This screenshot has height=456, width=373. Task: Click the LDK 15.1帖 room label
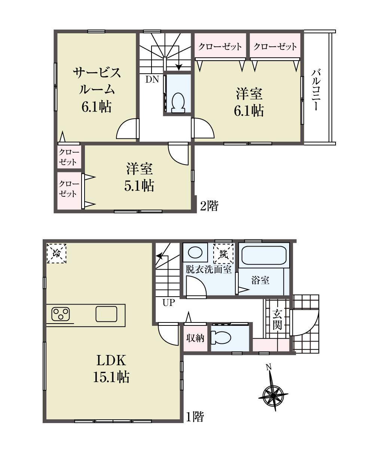pos(111,369)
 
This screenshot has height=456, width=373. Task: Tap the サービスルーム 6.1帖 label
pos(97,90)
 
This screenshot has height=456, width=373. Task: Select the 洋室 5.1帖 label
pos(140,177)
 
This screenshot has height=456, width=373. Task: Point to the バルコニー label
pos(316,90)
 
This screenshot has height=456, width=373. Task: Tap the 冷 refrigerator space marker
pos(56,253)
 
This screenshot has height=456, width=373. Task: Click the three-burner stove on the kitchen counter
pos(61,314)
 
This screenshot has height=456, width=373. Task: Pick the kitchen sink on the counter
pos(106,314)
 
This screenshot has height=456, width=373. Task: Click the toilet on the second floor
pos(178,103)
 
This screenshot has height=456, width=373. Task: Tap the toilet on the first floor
pos(221,338)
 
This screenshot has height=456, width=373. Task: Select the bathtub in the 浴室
pos(264,255)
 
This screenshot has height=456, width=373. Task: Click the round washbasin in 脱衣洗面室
pos(195,253)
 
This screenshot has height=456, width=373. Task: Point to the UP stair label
pos(169,303)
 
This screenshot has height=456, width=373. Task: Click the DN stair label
pos(152,79)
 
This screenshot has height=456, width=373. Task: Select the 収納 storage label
pos(195,338)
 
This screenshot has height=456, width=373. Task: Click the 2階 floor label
pos(209,206)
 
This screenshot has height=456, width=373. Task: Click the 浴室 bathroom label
pos(260,280)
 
